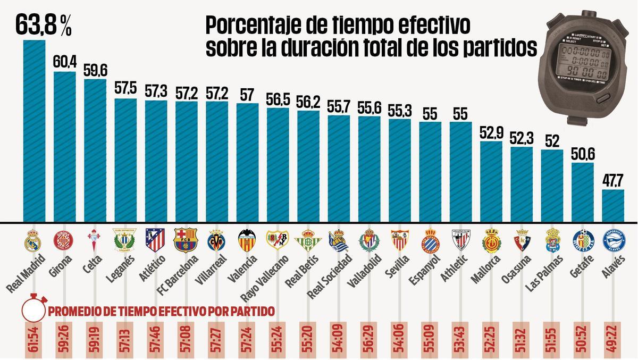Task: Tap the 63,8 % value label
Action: point(43,24)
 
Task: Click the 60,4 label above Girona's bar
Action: point(64,62)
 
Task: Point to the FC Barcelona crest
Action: point(186,240)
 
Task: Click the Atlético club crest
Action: point(155,240)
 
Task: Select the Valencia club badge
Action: point(247,240)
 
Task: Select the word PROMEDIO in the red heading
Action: point(74,311)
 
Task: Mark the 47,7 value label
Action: point(613,180)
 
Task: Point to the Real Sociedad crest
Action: point(338,240)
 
